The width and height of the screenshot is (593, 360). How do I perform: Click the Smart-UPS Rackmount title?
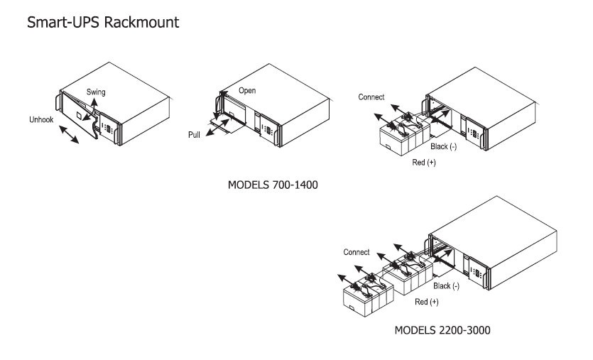point(103,22)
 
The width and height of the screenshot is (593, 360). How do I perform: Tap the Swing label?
point(96,92)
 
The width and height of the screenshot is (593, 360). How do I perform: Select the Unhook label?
point(41,119)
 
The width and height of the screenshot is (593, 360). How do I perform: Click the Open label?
point(247,91)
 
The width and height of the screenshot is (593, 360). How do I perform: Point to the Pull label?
point(194,135)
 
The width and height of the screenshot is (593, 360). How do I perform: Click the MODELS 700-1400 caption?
point(273,185)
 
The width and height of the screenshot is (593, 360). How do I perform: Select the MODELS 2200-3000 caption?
point(442,330)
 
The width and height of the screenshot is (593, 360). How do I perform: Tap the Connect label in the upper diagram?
point(371,97)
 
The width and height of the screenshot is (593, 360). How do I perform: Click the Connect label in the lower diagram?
point(357,252)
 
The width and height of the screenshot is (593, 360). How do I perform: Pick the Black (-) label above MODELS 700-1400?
point(443,146)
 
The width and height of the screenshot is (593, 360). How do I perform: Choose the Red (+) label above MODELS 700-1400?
point(423,162)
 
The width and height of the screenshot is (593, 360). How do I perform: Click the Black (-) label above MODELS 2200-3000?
point(446,286)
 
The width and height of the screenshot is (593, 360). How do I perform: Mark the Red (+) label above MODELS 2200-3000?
point(427,302)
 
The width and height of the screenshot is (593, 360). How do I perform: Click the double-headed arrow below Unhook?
point(69,135)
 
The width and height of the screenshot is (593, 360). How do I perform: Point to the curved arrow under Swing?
point(91,109)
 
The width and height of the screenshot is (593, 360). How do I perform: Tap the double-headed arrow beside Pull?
point(217,128)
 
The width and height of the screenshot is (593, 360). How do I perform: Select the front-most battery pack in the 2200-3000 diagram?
point(368,295)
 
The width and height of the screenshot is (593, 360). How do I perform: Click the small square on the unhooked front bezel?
point(79,115)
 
